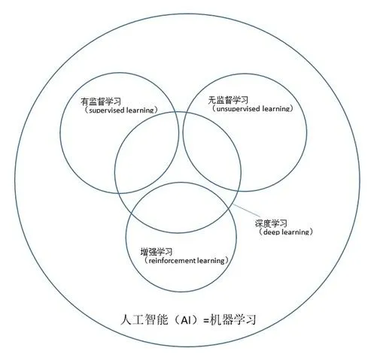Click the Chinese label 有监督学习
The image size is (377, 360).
coord(101,101)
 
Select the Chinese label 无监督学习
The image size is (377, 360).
coord(228,100)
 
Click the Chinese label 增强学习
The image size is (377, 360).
coord(157,252)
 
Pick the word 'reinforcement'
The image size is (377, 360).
coord(172,261)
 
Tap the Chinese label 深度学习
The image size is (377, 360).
coord(271,223)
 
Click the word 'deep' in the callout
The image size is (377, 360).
coord(272,232)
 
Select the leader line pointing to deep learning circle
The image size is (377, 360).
coord(246,210)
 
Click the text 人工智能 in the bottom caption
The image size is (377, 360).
coord(144,319)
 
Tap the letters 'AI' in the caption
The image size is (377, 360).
coord(186,320)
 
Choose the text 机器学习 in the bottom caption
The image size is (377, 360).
coord(233,319)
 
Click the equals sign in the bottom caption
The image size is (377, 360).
coord(206,320)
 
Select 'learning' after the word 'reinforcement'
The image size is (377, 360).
coord(211,261)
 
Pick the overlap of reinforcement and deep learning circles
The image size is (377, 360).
coord(181,208)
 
